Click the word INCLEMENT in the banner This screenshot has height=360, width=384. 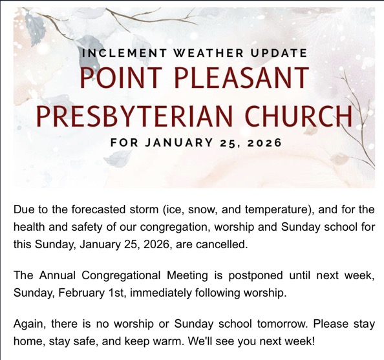(125, 53)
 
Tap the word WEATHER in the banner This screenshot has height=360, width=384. (209, 53)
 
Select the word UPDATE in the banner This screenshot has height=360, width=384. (279, 53)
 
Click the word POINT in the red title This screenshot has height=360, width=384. (122, 78)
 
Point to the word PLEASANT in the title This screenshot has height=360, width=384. (242, 78)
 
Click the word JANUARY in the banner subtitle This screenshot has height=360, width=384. (179, 143)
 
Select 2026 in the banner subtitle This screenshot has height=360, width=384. (265, 143)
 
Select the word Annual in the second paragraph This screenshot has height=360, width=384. (58, 275)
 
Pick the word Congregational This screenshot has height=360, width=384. (121, 276)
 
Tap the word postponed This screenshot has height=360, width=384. (255, 276)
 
